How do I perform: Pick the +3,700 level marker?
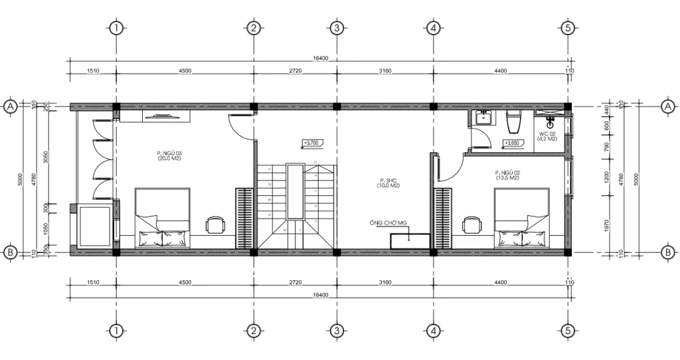pyautogui.click(x=311, y=143)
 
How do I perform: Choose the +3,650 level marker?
pyautogui.click(x=512, y=143)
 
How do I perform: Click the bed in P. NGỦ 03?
pyautogui.click(x=163, y=217)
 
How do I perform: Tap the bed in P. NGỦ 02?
pyautogui.click(x=521, y=217)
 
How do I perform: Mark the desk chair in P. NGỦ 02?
pyautogui.click(x=471, y=225)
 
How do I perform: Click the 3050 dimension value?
pyautogui.click(x=46, y=157)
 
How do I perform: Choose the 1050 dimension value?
pyautogui.click(x=46, y=229)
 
